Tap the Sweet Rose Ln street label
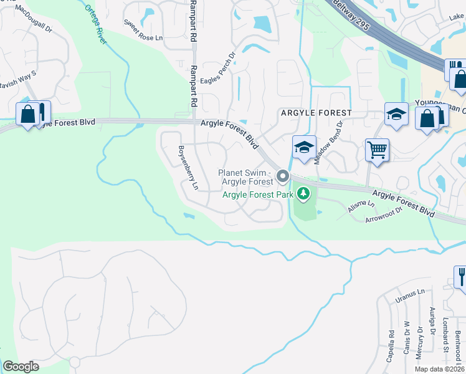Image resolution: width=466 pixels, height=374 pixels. (143, 31)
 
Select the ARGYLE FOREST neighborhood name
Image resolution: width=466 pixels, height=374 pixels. (316, 113)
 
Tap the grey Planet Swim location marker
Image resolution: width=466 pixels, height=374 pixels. (283, 177)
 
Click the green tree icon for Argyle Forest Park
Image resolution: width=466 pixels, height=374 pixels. (303, 194)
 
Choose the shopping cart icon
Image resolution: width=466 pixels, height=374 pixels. (377, 150)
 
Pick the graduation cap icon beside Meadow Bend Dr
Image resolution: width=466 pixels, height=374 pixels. (303, 148)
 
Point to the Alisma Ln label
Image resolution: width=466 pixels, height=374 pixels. (361, 208)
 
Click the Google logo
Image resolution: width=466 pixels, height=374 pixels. (20, 367)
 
